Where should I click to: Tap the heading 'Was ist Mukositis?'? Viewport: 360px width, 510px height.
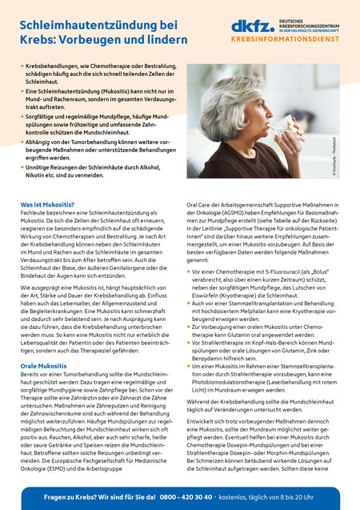[x=53, y=205]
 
